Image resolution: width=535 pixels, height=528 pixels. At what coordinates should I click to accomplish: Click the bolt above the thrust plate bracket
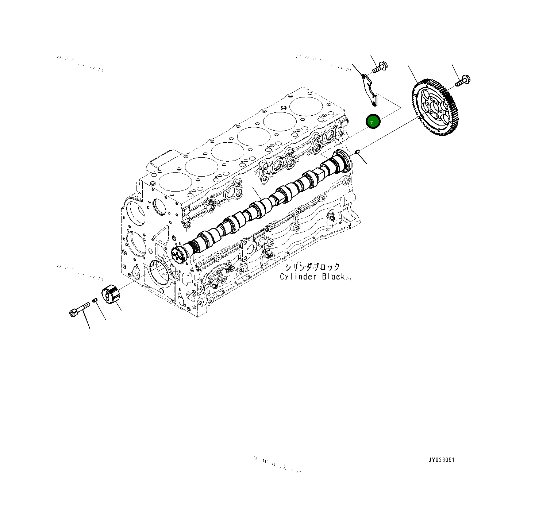pyautogui.click(x=380, y=68)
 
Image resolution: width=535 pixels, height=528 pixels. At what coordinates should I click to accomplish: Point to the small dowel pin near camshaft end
pyautogui.click(x=358, y=151)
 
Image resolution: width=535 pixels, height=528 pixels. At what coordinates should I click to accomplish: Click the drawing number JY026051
pyautogui.click(x=441, y=460)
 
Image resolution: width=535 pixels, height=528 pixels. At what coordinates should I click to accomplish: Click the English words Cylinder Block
pyautogui.click(x=312, y=277)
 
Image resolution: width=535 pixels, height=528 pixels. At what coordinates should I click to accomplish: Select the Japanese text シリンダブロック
pyautogui.click(x=312, y=267)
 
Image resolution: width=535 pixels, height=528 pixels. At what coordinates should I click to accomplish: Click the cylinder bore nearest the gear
pyautogui.click(x=306, y=106)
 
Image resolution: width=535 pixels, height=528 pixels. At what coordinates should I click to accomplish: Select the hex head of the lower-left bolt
pyautogui.click(x=73, y=313)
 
